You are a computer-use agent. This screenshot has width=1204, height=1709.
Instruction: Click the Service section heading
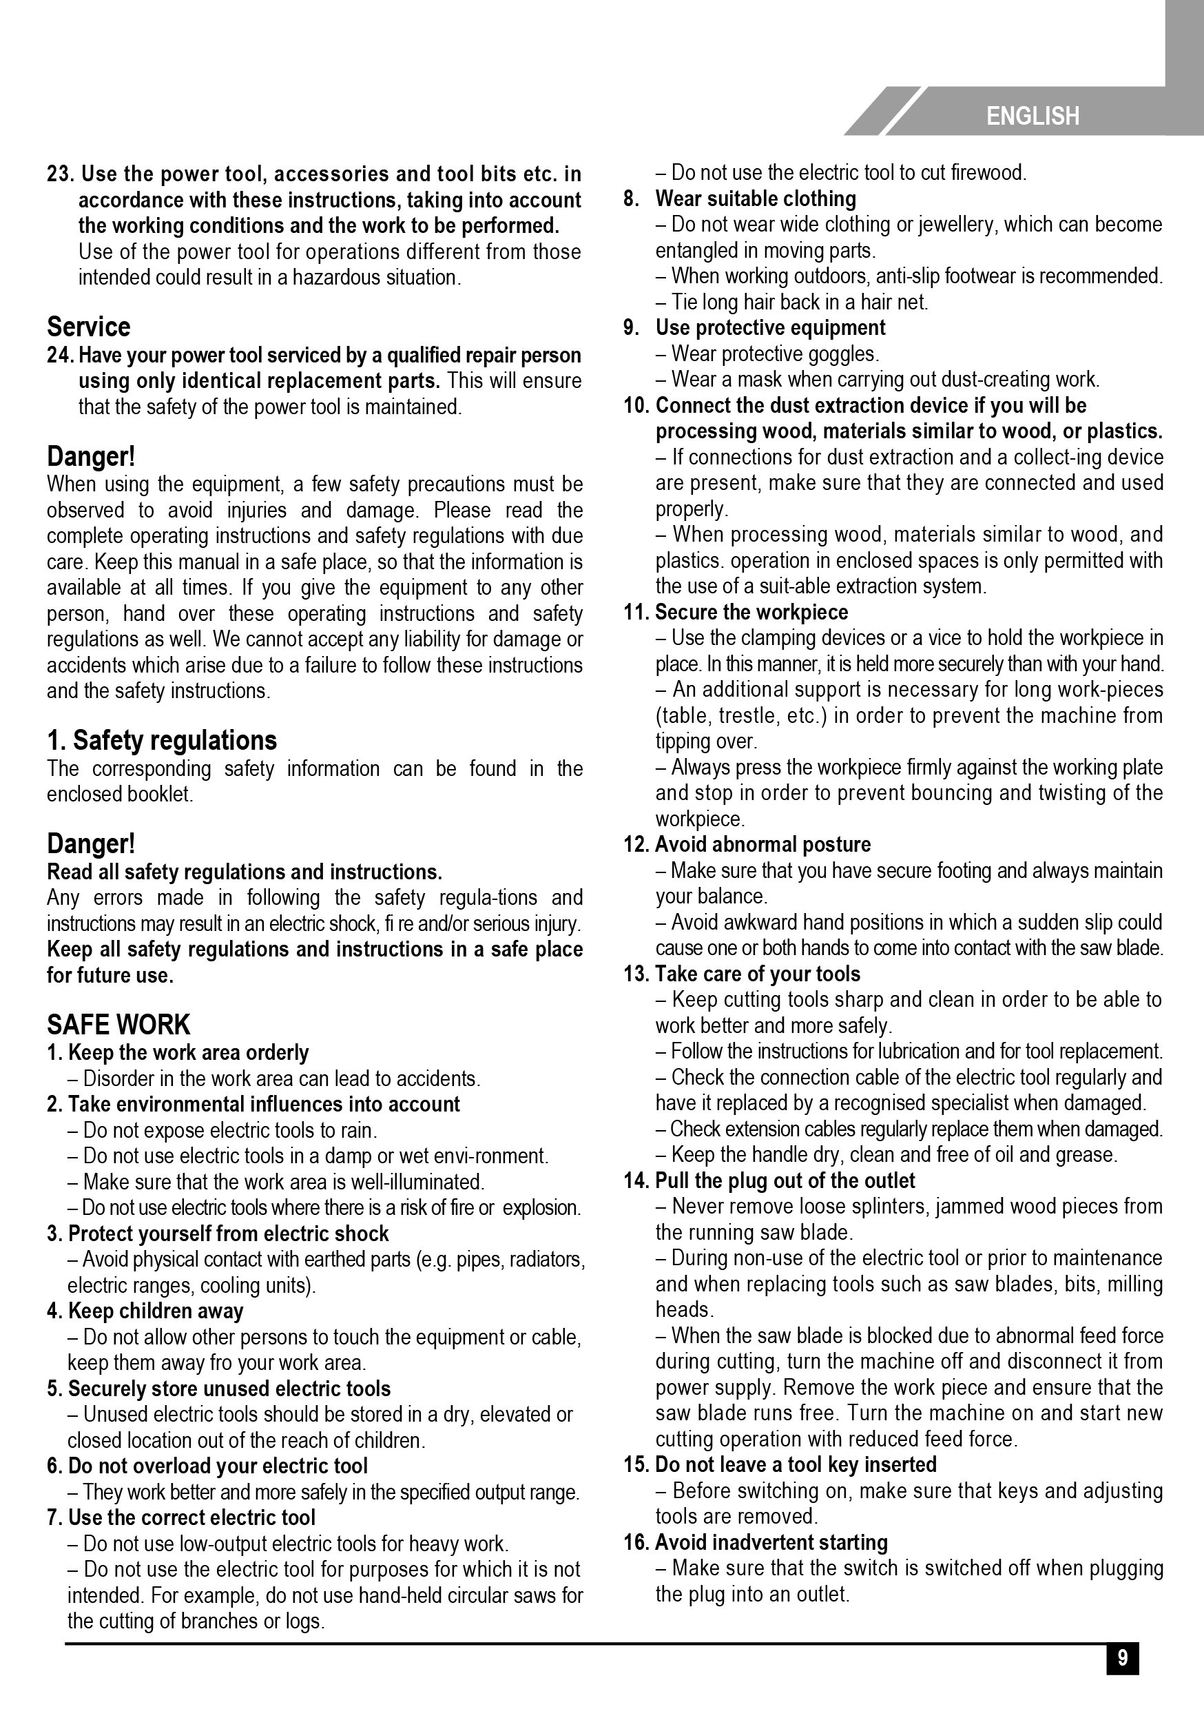[89, 327]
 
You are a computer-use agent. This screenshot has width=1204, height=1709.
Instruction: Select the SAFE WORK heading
[118, 1025]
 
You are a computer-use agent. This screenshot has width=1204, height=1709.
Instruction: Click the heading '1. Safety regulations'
[161, 740]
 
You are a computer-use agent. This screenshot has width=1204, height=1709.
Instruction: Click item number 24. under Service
[61, 355]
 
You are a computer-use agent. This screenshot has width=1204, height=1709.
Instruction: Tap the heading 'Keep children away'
[156, 1311]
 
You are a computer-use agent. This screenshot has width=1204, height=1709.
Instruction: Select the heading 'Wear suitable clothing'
[756, 198]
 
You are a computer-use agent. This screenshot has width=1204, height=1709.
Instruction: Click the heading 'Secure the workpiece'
[751, 612]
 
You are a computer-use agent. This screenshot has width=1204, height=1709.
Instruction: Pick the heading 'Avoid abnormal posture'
[762, 844]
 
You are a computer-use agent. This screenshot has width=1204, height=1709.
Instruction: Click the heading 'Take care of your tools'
[758, 974]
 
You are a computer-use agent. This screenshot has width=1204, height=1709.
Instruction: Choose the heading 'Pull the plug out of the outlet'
[785, 1180]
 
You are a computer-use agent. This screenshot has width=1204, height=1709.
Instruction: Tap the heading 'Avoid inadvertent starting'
[771, 1542]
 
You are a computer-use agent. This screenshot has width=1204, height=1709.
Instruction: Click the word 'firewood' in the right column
[988, 174]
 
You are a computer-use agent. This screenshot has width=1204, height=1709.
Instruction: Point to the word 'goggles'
[845, 354]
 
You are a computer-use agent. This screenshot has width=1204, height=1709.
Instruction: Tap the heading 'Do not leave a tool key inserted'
[796, 1464]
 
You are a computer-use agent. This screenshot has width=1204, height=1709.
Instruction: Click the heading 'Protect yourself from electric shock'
[229, 1234]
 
